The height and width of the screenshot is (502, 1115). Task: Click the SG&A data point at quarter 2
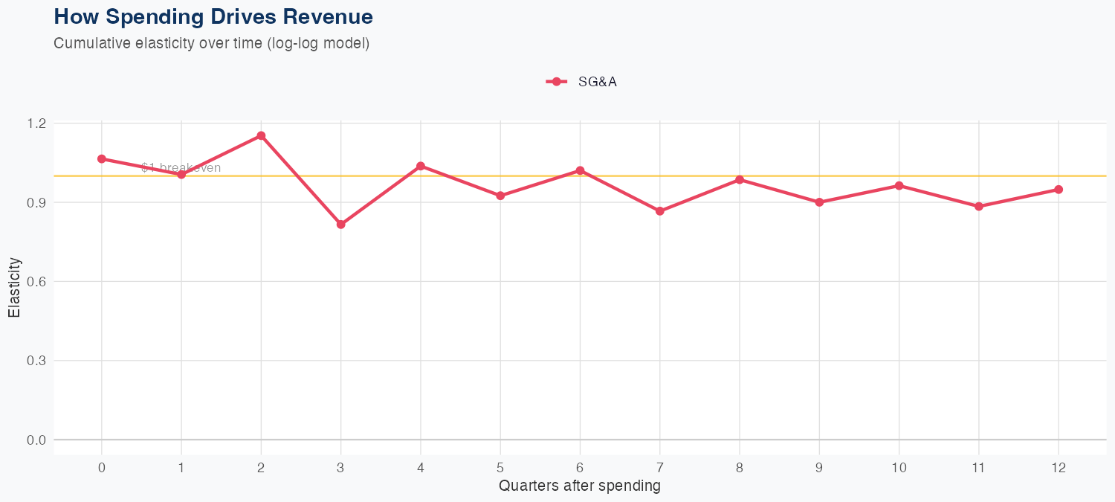click(261, 135)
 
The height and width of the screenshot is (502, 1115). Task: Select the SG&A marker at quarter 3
click(340, 224)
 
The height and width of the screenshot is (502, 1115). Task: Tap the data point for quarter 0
click(101, 158)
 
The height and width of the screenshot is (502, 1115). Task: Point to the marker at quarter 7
click(659, 211)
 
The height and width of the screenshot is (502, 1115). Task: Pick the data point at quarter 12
click(1059, 190)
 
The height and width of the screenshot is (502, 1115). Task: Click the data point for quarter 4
click(421, 166)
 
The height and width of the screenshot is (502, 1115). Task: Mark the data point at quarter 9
click(819, 202)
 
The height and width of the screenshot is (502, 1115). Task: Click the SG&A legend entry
click(581, 82)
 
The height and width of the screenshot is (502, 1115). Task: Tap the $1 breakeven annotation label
click(181, 168)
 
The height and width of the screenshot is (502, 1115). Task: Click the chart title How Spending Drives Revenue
click(213, 16)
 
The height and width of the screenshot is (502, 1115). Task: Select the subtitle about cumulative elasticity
click(211, 43)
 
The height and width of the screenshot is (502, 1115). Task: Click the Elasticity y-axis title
click(14, 287)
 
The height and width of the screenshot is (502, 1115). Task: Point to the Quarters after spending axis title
click(579, 486)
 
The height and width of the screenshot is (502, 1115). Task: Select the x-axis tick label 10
click(899, 468)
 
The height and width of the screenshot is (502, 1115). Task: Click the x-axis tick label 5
click(500, 468)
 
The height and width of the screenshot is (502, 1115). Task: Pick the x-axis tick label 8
click(740, 468)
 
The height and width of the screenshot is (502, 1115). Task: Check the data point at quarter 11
click(978, 206)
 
